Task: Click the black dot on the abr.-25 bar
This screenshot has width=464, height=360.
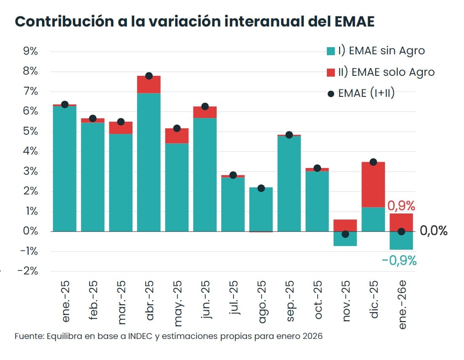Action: coord(148,76)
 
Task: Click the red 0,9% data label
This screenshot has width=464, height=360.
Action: coord(401,206)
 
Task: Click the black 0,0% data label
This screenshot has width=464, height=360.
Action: coord(433,231)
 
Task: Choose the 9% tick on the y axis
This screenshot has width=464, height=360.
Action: coord(30,51)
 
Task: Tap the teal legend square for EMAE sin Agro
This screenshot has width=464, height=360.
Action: coord(331,51)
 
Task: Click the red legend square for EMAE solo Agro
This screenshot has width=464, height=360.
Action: coord(331,72)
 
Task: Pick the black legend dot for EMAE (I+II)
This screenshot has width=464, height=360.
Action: coord(331,93)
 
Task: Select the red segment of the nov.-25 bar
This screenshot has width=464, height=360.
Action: coord(345,225)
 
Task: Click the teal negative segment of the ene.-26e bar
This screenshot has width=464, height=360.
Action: coord(401,241)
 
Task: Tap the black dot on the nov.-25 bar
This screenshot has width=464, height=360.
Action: coord(345,234)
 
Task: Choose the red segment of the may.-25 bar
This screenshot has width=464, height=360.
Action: coord(177,136)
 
